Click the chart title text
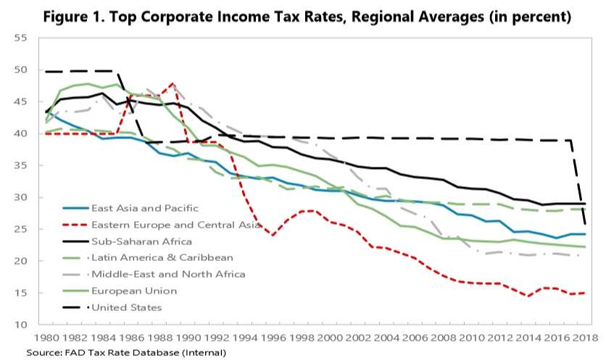302,15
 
